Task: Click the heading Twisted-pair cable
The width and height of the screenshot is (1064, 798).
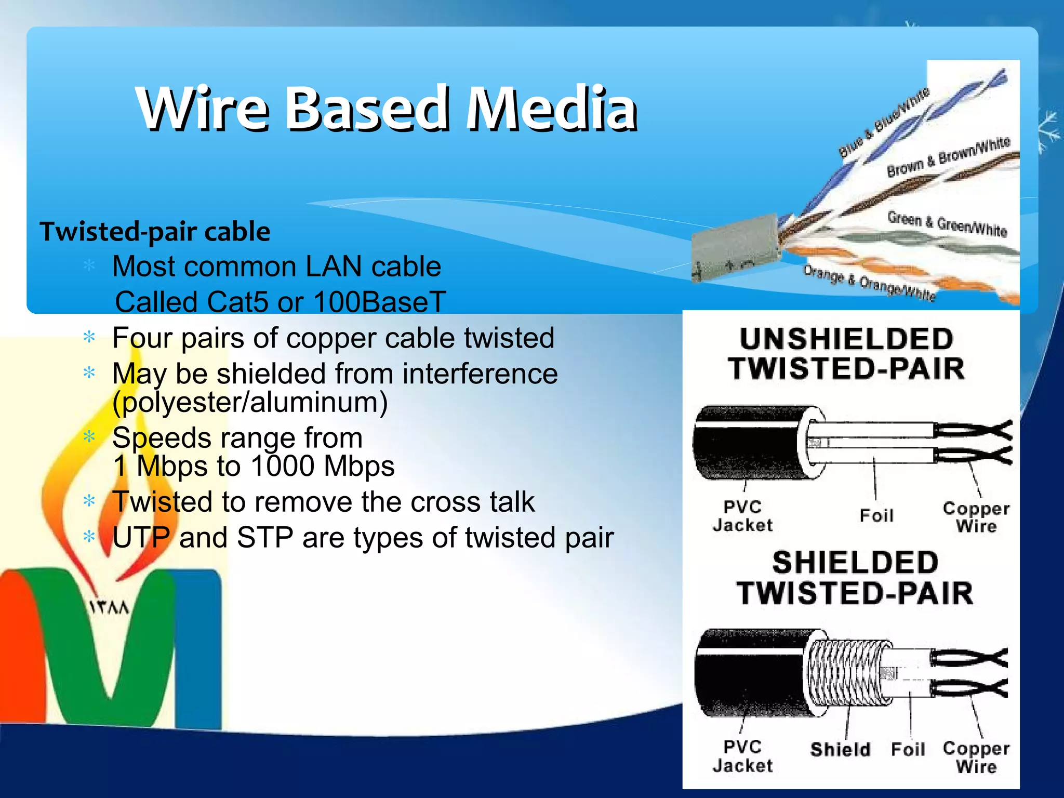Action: pyautogui.click(x=155, y=232)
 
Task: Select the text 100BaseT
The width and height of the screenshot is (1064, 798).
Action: pyautogui.click(x=380, y=302)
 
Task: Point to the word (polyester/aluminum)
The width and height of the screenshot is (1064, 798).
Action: pyautogui.click(x=250, y=403)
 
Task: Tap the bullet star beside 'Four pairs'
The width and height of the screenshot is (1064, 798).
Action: pyautogui.click(x=89, y=338)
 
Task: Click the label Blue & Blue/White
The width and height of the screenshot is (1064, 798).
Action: pyautogui.click(x=883, y=123)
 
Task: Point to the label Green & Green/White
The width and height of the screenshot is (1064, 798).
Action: pyautogui.click(x=947, y=223)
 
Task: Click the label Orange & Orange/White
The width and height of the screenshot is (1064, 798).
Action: pyautogui.click(x=869, y=282)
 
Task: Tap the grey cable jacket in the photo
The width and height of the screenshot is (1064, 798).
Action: pyautogui.click(x=735, y=249)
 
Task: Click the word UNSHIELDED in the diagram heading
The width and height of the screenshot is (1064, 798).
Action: pyautogui.click(x=846, y=339)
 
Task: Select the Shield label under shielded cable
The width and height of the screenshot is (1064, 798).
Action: pyautogui.click(x=840, y=749)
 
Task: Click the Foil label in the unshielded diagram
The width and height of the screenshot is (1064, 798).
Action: pyautogui.click(x=876, y=515)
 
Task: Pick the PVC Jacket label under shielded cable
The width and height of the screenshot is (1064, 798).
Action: pyautogui.click(x=742, y=756)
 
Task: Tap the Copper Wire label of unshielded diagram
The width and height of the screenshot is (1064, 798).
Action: pyautogui.click(x=976, y=517)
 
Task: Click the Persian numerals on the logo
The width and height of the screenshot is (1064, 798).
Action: pyautogui.click(x=109, y=607)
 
